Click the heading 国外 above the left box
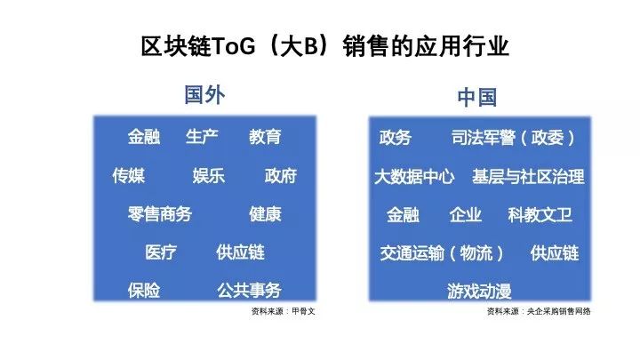tap(204, 95)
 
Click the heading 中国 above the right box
tap(476, 98)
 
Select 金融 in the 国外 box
tap(144, 137)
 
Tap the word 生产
tap(202, 137)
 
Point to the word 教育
tap(265, 137)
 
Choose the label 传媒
tap(129, 175)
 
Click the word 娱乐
tap(209, 175)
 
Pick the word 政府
tap(280, 175)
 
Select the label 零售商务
tap(160, 214)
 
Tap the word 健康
tap(265, 214)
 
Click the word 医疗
tap(161, 252)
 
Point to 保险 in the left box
tap(144, 291)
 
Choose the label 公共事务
tap(249, 291)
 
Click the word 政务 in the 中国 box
tap(395, 138)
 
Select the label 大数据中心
tap(414, 177)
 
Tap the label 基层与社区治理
tap(528, 177)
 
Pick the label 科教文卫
tap(540, 215)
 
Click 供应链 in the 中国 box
tap(555, 253)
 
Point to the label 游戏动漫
tap(479, 292)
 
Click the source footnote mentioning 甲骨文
tap(283, 311)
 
